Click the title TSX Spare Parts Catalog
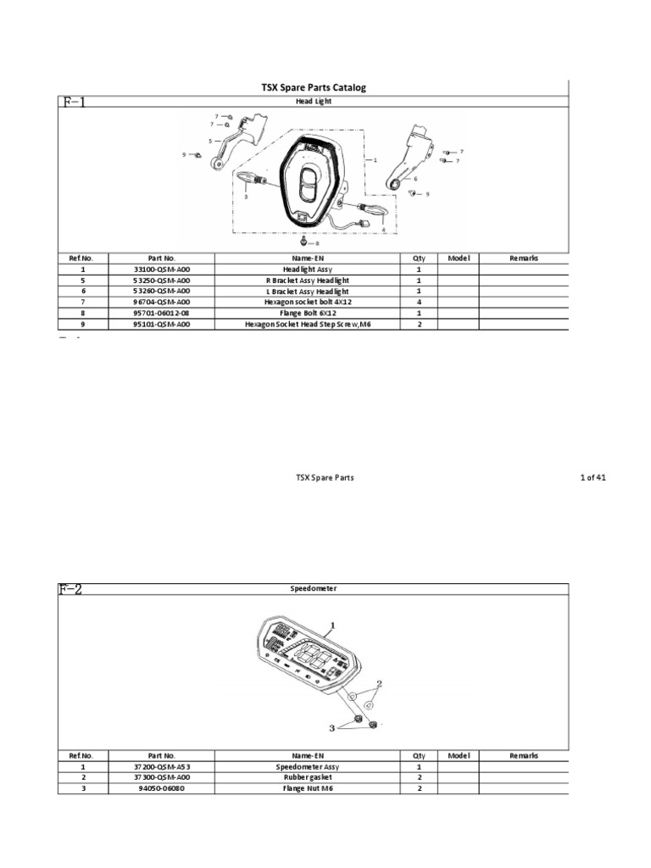(x=313, y=88)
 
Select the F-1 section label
(x=73, y=102)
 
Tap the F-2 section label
(x=70, y=590)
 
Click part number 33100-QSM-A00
(x=161, y=269)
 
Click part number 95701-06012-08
(x=161, y=313)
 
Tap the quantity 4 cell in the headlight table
(x=419, y=302)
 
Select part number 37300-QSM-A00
(x=161, y=777)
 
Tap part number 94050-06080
(x=161, y=788)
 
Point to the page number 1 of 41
(x=593, y=478)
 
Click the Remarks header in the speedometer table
(x=524, y=755)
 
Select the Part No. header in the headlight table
(x=161, y=258)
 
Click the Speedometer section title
(x=313, y=587)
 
